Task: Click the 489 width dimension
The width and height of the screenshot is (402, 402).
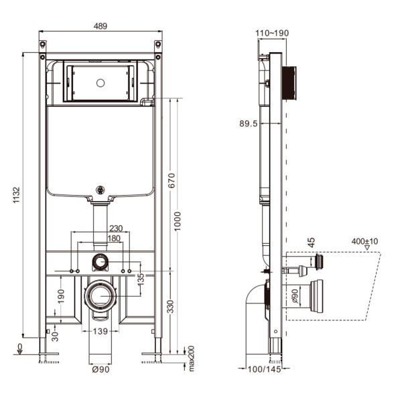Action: click(100, 26)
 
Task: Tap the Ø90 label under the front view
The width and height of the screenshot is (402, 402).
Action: click(100, 370)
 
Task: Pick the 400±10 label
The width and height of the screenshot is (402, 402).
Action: click(364, 241)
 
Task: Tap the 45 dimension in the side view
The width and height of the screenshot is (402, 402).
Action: click(311, 243)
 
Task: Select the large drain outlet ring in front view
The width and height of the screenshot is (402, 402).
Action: click(100, 295)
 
